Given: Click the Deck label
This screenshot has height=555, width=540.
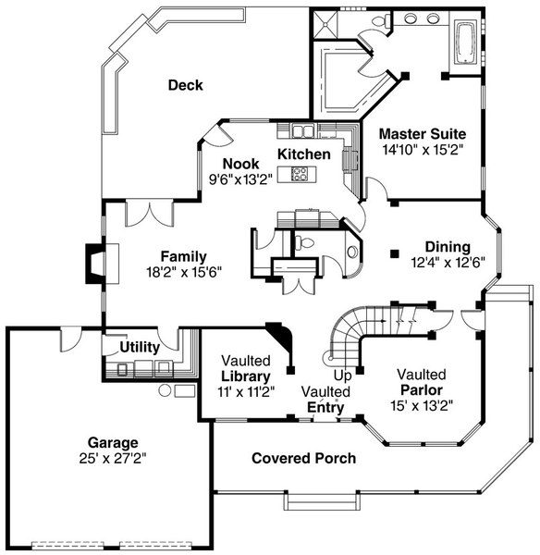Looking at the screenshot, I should (x=185, y=85).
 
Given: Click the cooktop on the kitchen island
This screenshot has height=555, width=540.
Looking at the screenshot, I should (x=301, y=173).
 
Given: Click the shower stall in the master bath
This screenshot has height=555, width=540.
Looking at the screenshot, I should (x=325, y=28).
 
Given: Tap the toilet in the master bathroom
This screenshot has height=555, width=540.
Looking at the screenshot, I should (x=379, y=22).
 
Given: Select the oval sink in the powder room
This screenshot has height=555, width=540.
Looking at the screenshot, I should (x=352, y=252).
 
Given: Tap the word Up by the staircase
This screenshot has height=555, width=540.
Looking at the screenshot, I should (x=342, y=376).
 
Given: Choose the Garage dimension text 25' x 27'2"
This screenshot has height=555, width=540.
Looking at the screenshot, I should (x=112, y=457).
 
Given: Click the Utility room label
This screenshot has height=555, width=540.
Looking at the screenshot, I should (x=139, y=348).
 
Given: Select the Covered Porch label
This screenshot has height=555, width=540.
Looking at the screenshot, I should (x=303, y=458).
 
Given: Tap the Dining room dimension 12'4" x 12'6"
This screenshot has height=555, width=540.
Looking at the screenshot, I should (x=447, y=263).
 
